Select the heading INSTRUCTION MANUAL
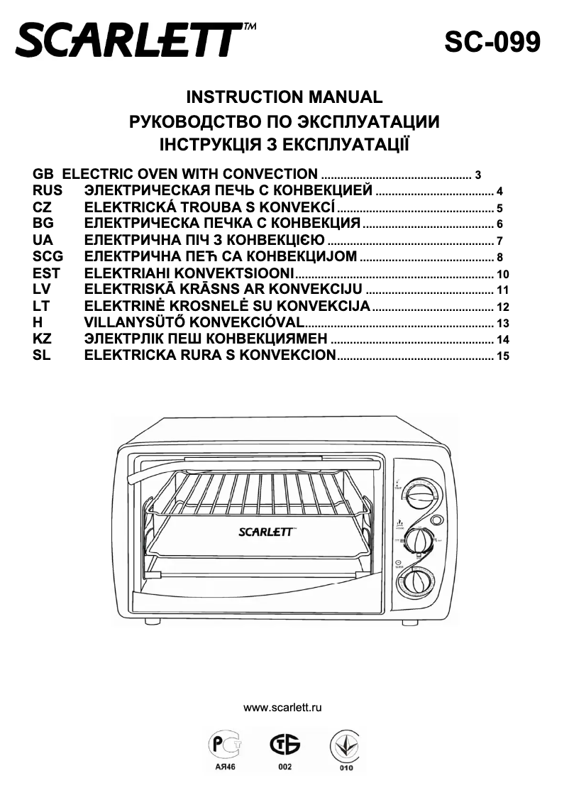tap(284, 97)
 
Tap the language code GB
tap(43, 174)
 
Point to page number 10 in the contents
tap(504, 275)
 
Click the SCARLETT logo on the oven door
tap(264, 532)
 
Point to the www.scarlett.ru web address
tap(283, 708)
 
